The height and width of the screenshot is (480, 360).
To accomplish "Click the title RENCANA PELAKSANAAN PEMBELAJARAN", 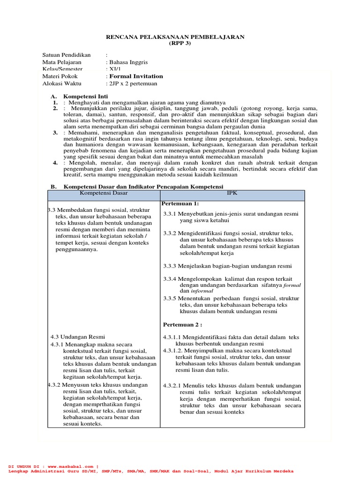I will (x=180, y=37).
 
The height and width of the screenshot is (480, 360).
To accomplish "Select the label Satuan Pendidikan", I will (x=66, y=55).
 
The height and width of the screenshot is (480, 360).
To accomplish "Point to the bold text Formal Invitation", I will (x=136, y=76).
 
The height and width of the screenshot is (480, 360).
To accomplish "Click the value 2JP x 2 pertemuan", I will (x=132, y=83).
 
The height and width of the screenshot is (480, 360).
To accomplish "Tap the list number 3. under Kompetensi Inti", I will (x=55, y=133).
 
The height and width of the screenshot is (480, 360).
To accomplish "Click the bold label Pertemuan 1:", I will (x=180, y=203).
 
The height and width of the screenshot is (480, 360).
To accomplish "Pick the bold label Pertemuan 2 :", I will (x=182, y=324).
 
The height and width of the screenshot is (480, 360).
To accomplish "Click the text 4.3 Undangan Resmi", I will (x=77, y=337).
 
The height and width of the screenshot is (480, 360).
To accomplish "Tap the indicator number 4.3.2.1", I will (x=174, y=385).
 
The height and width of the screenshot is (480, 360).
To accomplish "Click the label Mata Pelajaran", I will (x=61, y=62).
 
